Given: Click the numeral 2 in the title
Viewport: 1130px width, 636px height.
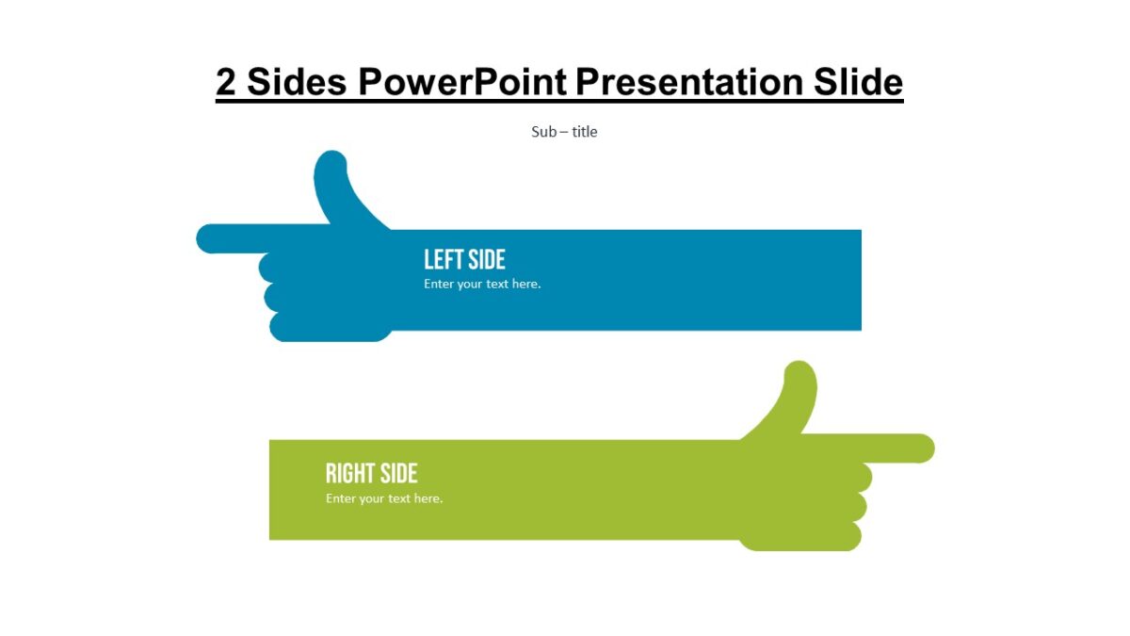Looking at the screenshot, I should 226,83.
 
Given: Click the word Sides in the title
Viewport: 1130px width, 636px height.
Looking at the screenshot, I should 297,83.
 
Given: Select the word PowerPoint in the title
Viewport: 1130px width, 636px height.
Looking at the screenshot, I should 462,83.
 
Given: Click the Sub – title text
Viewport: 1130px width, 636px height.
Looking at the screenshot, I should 564,132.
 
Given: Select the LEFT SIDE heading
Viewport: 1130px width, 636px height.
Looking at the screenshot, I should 464,259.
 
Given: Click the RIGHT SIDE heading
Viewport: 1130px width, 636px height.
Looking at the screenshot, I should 371,473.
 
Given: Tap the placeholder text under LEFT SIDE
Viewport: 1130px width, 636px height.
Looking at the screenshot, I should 482,284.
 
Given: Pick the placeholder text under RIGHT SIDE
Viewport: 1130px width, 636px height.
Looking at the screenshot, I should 384,498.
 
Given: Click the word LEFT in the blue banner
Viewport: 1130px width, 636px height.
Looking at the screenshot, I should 442,259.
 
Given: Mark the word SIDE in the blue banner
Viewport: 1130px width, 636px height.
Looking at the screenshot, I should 485,259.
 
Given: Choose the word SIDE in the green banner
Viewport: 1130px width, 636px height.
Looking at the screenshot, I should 398,473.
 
